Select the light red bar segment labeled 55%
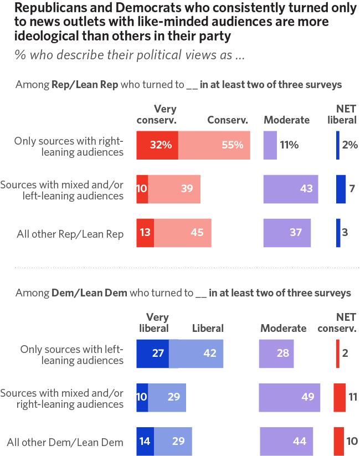pyautogui.click(x=214, y=145)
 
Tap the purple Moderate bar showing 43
pyautogui.click(x=291, y=188)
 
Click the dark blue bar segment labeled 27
pyautogui.click(x=153, y=353)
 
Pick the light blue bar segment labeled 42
pyautogui.click(x=196, y=353)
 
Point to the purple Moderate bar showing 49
pyautogui.click(x=290, y=397)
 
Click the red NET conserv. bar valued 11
pyautogui.click(x=340, y=397)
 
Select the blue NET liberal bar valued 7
pyautogui.click(x=341, y=188)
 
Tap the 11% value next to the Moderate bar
pyautogui.click(x=289, y=145)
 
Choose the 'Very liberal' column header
pyautogui.click(x=154, y=322)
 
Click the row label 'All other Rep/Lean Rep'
pyautogui.click(x=70, y=233)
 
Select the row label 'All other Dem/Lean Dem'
pyautogui.click(x=65, y=442)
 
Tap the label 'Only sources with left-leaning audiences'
pyautogui.click(x=71, y=355)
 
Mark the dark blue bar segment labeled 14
pyautogui.click(x=145, y=442)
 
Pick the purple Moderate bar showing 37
pyautogui.click(x=287, y=233)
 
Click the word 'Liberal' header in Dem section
pyautogui.click(x=208, y=328)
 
